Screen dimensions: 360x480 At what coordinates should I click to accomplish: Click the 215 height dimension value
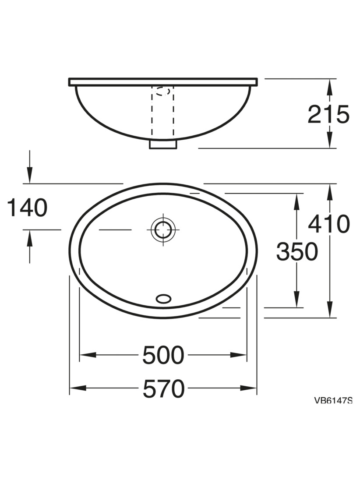tap(328, 114)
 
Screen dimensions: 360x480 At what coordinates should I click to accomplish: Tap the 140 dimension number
tap(27, 207)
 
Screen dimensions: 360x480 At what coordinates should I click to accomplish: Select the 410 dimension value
tap(328, 223)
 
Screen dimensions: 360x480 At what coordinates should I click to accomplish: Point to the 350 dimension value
tap(297, 251)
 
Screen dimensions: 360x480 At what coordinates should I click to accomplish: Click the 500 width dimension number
tap(163, 355)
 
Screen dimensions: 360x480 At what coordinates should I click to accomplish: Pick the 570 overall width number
tap(163, 388)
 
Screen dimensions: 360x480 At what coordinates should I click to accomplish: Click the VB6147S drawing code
tap(333, 400)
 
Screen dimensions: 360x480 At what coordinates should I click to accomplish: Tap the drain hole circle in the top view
tap(163, 229)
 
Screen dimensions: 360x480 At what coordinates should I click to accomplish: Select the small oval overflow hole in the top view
tap(163, 299)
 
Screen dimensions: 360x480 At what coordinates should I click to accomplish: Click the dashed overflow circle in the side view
tap(162, 91)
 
